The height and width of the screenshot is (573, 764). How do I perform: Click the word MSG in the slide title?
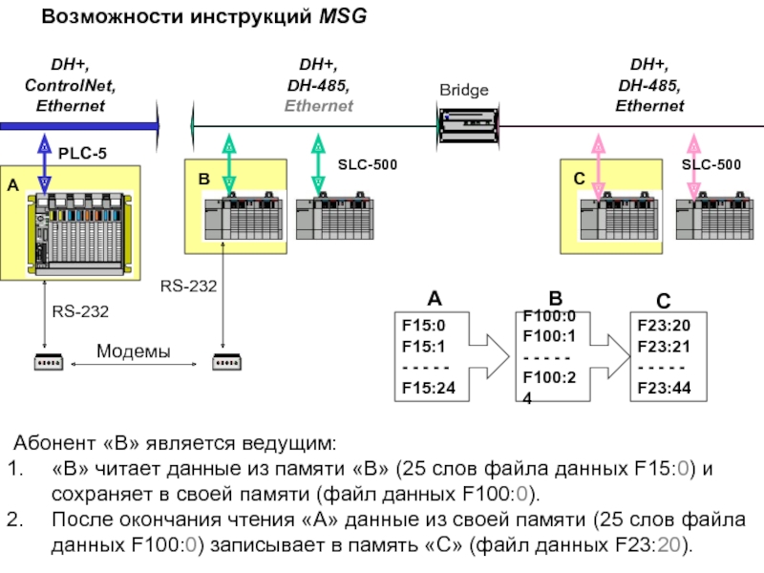point(340,17)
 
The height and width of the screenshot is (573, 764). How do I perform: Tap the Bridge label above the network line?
point(464,91)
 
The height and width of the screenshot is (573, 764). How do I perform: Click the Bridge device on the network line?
point(466,124)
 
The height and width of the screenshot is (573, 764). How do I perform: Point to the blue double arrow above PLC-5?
point(44,164)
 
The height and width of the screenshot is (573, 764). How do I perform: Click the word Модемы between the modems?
point(133,351)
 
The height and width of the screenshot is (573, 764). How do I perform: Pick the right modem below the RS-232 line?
point(226,362)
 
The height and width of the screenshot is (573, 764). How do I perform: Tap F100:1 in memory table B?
point(549,336)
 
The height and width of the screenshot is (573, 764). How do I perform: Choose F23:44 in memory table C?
point(664,388)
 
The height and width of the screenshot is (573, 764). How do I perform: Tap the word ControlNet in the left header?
point(70,86)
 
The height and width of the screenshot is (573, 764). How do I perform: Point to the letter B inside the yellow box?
point(203,179)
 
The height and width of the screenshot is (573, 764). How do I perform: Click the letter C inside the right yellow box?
point(579,179)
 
